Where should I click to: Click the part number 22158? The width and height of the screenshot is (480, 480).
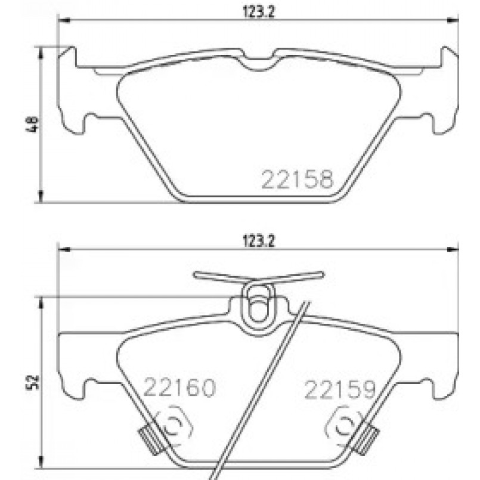click(x=296, y=179)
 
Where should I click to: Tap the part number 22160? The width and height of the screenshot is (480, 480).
click(x=179, y=390)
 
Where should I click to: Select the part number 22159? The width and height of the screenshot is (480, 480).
click(x=340, y=390)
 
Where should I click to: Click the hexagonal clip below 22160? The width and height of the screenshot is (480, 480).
click(x=174, y=425)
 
